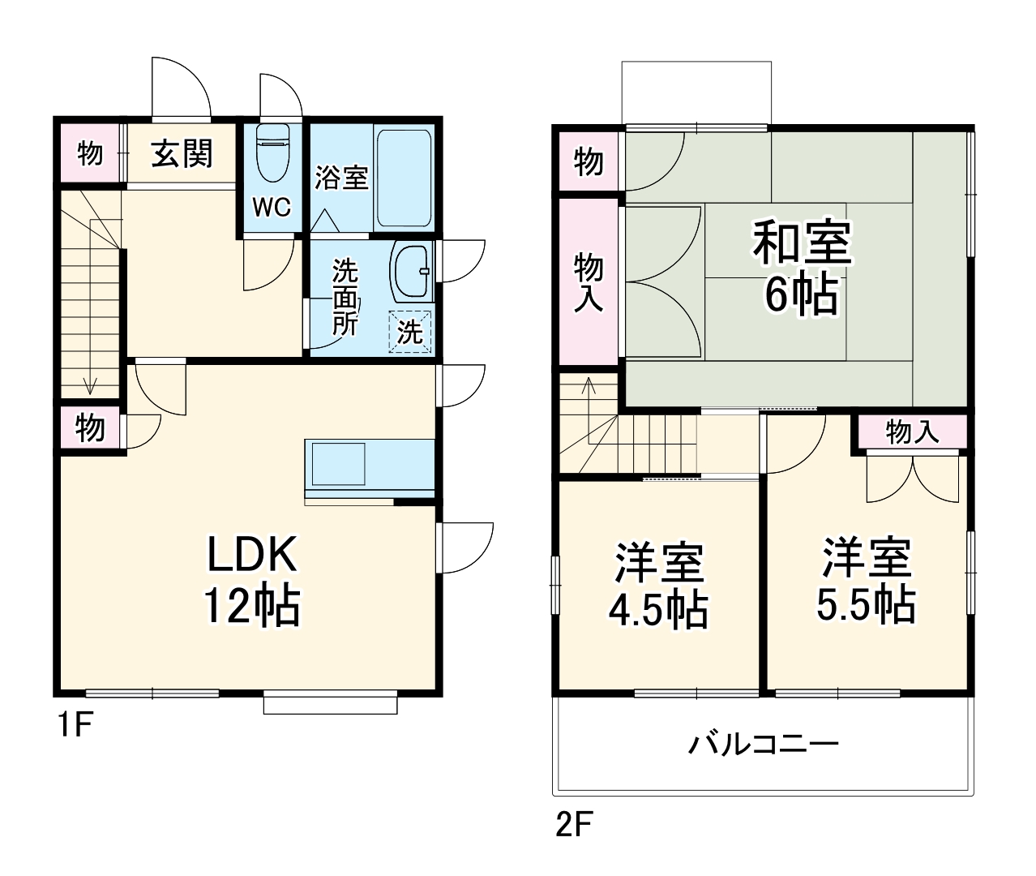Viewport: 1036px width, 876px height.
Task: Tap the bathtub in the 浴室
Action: click(404, 178)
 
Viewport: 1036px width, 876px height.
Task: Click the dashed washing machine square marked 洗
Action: click(410, 331)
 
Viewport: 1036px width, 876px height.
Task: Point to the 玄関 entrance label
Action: click(182, 153)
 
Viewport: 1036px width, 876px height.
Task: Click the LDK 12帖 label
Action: click(252, 579)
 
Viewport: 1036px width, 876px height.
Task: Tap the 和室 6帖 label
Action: click(802, 267)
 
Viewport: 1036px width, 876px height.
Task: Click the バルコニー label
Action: click(763, 745)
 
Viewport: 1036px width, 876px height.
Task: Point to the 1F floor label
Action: click(75, 724)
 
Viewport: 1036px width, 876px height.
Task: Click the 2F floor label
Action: click(574, 824)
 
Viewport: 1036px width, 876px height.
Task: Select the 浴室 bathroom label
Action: click(341, 178)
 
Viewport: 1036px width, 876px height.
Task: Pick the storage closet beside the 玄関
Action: click(90, 152)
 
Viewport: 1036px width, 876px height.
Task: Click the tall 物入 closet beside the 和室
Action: click(589, 281)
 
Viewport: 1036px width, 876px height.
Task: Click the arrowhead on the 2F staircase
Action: click(589, 384)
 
